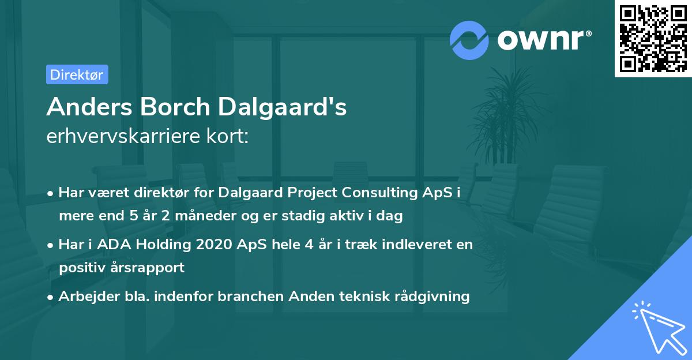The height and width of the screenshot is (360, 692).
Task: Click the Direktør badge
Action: [x=77, y=74]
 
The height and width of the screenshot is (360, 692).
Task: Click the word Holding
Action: [x=157, y=244]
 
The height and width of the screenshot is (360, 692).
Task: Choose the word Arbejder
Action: [x=85, y=297]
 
